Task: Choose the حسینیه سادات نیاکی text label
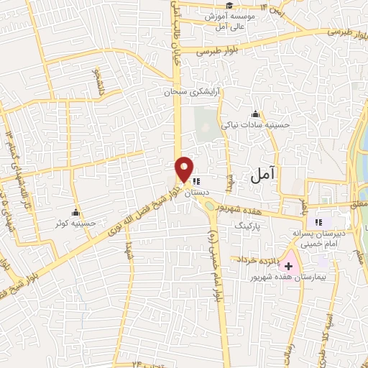255,124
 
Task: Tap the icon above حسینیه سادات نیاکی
255,113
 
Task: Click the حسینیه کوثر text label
70,223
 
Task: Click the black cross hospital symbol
289,265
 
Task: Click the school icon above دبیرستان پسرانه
319,223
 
